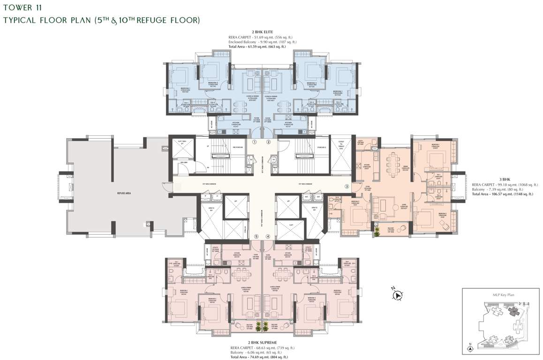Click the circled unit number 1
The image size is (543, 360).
pyautogui.click(x=255, y=142)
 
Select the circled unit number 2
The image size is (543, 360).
pyautogui.click(x=269, y=142)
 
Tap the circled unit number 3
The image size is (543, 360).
pyautogui.click(x=347, y=186)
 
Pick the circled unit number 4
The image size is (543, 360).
pyautogui.click(x=268, y=237)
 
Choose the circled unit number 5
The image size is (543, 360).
pyautogui.click(x=256, y=237)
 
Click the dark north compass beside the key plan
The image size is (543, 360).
pyautogui.click(x=398, y=295)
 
